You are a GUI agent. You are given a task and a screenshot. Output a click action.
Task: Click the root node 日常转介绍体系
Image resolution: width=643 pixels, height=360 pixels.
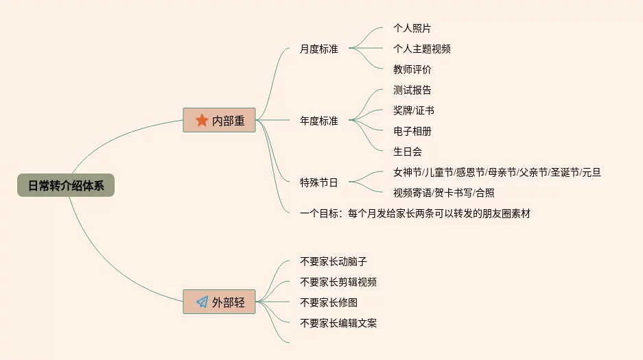pyautogui.click(x=66, y=186)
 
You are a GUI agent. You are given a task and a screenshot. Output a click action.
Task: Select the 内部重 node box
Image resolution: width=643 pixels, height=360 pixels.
pyautogui.click(x=220, y=121)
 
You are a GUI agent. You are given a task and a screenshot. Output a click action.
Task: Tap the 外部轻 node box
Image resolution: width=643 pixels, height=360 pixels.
pyautogui.click(x=220, y=302)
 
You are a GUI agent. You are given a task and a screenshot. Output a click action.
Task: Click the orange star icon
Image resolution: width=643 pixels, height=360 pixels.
pyautogui.click(x=202, y=121)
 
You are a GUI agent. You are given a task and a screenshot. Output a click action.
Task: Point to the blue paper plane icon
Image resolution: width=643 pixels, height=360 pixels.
pyautogui.click(x=202, y=302)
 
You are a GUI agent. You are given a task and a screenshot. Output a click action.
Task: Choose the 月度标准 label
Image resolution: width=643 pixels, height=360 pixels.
pyautogui.click(x=319, y=49)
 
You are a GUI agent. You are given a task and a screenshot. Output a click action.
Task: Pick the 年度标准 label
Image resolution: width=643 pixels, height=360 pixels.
pyautogui.click(x=319, y=121)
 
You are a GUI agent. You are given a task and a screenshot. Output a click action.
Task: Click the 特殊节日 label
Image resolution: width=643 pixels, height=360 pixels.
pyautogui.click(x=319, y=182)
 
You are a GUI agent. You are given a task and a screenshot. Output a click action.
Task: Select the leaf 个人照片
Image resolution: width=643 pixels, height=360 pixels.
pyautogui.click(x=412, y=28)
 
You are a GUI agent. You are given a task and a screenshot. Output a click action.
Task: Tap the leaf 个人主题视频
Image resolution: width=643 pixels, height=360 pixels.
pyautogui.click(x=421, y=49)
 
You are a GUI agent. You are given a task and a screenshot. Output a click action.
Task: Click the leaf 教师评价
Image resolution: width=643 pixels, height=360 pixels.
pyautogui.click(x=412, y=69)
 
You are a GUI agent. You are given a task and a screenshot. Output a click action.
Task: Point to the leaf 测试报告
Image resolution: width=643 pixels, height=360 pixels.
pyautogui.click(x=412, y=90)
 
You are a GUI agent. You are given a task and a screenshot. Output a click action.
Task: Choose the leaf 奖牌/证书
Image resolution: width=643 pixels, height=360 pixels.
pyautogui.click(x=413, y=110)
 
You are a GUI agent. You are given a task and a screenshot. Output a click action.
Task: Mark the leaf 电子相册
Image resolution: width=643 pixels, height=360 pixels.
pyautogui.click(x=412, y=131)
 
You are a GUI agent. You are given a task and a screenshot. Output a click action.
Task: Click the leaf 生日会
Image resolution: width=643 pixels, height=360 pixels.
pyautogui.click(x=407, y=152)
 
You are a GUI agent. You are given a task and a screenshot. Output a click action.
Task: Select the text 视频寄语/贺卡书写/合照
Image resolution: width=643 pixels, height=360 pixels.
pyautogui.click(x=443, y=193)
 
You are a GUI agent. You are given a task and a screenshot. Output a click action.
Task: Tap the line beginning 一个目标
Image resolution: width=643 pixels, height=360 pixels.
pyautogui.click(x=414, y=213)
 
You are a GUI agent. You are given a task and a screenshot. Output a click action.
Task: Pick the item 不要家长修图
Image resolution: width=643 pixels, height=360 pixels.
pyautogui.click(x=329, y=302)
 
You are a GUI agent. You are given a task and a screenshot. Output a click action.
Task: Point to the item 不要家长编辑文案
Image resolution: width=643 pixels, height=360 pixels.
pyautogui.click(x=338, y=323)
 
